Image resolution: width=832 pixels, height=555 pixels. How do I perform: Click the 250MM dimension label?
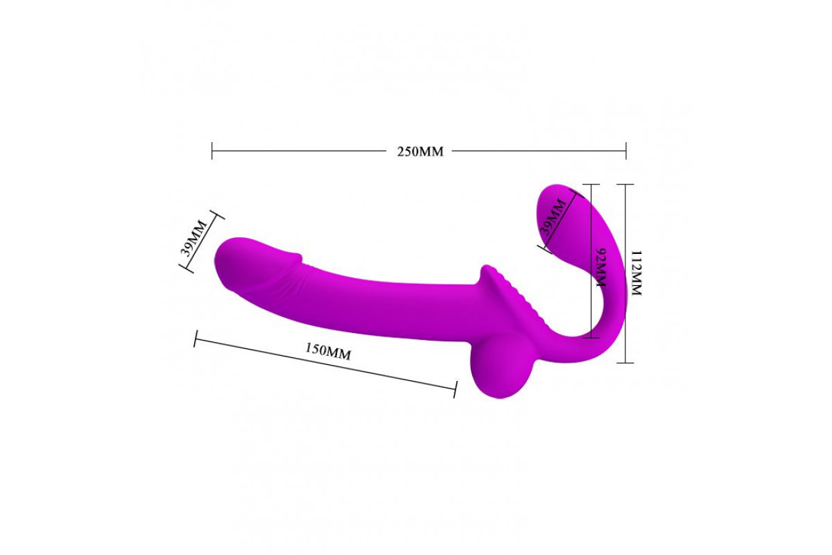[420, 152]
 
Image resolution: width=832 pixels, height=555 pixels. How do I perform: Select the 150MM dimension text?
[328, 351]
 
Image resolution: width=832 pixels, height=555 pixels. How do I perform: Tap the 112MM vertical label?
[636, 273]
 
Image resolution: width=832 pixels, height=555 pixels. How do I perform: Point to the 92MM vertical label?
[600, 267]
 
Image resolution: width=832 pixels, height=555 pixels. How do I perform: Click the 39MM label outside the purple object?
[193, 238]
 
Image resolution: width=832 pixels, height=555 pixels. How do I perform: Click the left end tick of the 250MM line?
[212, 151]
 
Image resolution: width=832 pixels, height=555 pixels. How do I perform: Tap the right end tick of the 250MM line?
[626, 151]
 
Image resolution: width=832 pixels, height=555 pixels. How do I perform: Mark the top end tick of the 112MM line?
[625, 185]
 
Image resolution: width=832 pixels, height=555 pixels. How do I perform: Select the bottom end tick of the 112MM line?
[625, 362]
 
